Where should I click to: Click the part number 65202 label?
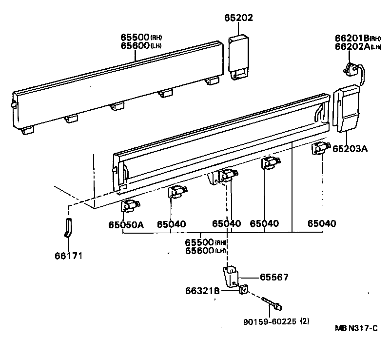tap(238, 18)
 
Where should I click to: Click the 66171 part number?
tap(68, 255)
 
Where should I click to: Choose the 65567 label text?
tap(274, 278)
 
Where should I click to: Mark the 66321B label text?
tap(201, 291)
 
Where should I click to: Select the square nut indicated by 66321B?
tap(243, 291)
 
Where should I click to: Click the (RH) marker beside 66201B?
tap(375, 39)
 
